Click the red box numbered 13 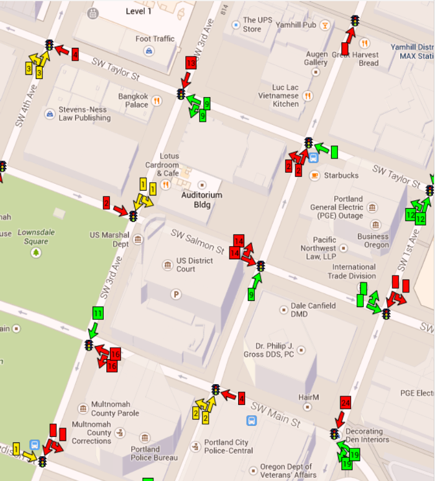(191, 63)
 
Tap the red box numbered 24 (346, 402)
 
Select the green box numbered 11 (98, 313)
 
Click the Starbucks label (341, 175)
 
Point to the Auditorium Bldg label (201, 199)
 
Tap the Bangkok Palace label (134, 101)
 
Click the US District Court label (195, 265)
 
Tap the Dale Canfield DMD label (313, 310)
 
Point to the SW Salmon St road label (198, 241)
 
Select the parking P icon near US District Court (176, 294)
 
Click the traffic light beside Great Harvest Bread (355, 21)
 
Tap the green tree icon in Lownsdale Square (36, 252)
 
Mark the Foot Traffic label (155, 39)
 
